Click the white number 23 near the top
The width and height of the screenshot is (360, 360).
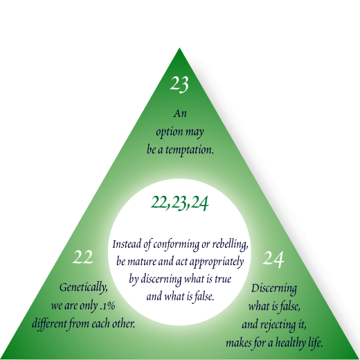tap(179, 84)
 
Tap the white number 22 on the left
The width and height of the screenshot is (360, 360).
tap(83, 257)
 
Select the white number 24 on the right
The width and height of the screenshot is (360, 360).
tap(273, 260)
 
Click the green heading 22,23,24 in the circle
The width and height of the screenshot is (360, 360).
tap(179, 203)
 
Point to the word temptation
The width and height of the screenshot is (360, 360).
tap(189, 150)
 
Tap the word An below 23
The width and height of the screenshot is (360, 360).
tap(180, 114)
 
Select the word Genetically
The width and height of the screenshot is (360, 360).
tap(84, 288)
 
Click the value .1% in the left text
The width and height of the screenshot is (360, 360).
tap(108, 305)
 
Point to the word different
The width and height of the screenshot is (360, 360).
tap(49, 323)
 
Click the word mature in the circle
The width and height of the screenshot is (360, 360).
tap(141, 262)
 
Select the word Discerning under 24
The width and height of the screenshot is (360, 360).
tap(274, 289)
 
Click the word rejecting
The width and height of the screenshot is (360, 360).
tap(278, 325)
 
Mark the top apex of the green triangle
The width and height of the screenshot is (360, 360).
tap(179, 48)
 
